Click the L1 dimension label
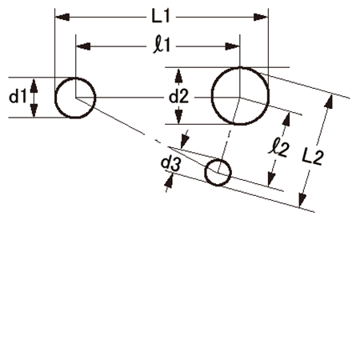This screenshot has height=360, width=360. [161, 17]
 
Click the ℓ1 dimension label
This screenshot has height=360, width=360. [162, 46]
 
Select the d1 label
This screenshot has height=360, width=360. [18, 96]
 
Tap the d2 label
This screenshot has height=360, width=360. [178, 97]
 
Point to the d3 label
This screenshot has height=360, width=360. [170, 163]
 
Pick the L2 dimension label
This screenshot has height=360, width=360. [313, 157]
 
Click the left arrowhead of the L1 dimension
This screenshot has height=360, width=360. [62, 18]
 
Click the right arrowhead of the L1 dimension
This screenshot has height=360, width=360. [261, 18]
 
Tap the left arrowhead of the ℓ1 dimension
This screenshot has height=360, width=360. [83, 46]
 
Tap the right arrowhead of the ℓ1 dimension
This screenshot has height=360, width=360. [232, 46]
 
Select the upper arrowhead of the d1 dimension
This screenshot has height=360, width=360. [34, 85]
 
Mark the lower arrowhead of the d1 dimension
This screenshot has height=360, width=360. [34, 110]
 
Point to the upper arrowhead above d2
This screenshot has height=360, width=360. [178, 76]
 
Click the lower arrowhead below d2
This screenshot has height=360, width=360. [178, 117]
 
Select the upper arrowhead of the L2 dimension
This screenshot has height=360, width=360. [329, 102]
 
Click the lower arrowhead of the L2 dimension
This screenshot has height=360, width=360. [302, 200]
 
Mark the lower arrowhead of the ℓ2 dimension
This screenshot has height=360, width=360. [271, 179]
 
